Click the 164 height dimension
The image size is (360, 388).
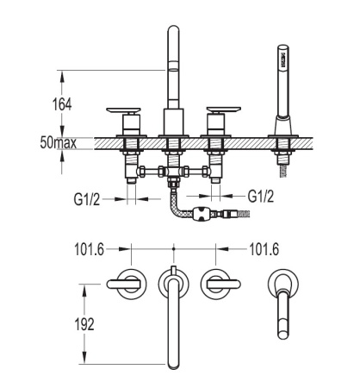pyautogui.click(x=62, y=104)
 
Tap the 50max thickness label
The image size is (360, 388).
pyautogui.click(x=59, y=143)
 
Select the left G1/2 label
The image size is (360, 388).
pyautogui.click(x=87, y=199)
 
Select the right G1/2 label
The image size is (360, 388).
pyautogui.click(x=261, y=197)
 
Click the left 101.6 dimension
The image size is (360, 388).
pyautogui.click(x=89, y=249)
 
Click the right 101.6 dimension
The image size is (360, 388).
pyautogui.click(x=264, y=249)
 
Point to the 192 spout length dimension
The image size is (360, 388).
pyautogui.click(x=84, y=324)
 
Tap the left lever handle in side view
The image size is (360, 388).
pyautogui.click(x=123, y=110)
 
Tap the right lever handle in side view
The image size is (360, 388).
pyautogui.click(x=224, y=110)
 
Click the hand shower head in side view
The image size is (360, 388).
pyautogui.click(x=282, y=57)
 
